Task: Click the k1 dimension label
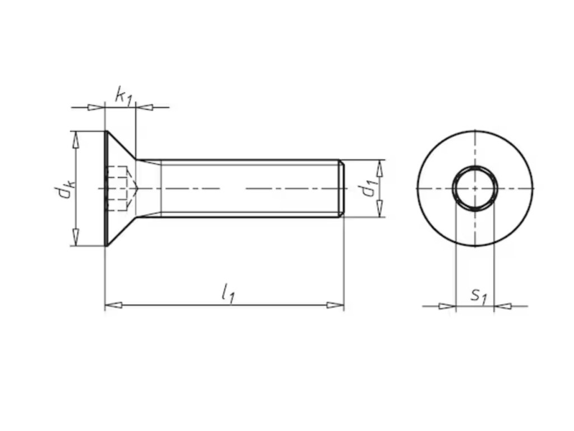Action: coord(123,96)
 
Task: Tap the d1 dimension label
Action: coord(368,188)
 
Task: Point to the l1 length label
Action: coord(228,293)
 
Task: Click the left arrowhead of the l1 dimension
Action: coord(113,305)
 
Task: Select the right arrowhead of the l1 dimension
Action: coord(335,305)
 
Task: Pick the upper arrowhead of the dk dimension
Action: coord(76,140)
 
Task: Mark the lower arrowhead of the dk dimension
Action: coord(76,237)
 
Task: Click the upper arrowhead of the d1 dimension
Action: coord(380,168)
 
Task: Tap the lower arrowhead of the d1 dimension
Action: coord(380,209)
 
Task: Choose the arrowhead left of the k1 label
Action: coord(96,107)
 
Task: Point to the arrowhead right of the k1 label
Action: coord(144,107)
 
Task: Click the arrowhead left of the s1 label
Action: coord(447,306)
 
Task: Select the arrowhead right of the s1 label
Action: coord(503,306)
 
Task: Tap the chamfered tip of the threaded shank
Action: coord(341,189)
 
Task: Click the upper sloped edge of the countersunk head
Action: coord(122,145)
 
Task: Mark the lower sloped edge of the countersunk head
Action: coord(122,231)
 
